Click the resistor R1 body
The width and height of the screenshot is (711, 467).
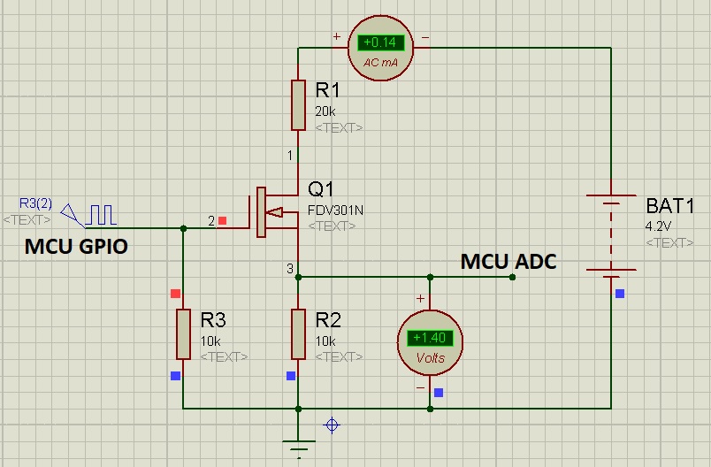click(x=299, y=105)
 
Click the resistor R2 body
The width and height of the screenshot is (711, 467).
click(x=299, y=333)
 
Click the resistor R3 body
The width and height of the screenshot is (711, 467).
click(x=183, y=333)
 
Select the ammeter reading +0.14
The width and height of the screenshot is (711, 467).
click(x=382, y=42)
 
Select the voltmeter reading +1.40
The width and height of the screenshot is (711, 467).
click(x=430, y=337)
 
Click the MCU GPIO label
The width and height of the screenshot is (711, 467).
click(x=75, y=248)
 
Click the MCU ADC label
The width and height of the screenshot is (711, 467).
click(x=508, y=261)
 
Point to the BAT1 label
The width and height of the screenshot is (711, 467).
click(x=670, y=207)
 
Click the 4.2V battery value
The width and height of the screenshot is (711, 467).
click(x=658, y=226)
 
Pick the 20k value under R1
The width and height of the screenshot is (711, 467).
click(x=325, y=111)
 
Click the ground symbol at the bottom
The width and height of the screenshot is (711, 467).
click(x=299, y=447)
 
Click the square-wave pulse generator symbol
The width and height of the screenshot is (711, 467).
click(x=100, y=213)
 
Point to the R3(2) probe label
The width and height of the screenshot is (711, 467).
click(x=35, y=203)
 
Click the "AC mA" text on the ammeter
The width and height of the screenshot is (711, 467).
click(x=382, y=63)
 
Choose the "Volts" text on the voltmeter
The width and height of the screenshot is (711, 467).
click(x=430, y=358)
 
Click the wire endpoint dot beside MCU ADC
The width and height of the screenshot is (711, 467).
click(x=513, y=277)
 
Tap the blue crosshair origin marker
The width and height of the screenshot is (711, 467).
click(x=333, y=425)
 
